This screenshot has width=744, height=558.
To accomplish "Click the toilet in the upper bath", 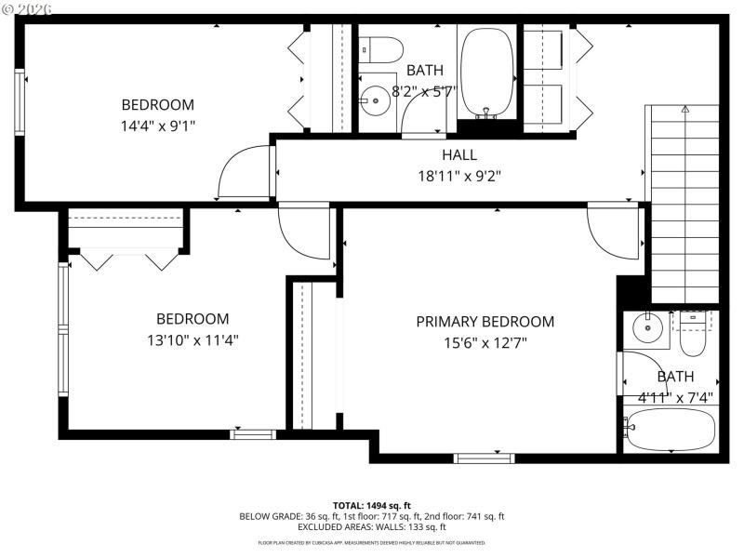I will [x=379, y=46].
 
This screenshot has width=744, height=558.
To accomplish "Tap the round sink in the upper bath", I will [x=376, y=98].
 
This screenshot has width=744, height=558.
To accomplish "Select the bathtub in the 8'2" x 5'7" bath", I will [x=487, y=73].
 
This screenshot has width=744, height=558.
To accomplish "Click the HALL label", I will [x=458, y=155].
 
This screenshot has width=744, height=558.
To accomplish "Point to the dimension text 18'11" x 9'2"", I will [x=458, y=175].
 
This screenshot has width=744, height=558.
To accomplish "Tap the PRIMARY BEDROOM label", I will [x=485, y=322].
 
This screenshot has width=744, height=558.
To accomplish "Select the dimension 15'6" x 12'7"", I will [x=485, y=341].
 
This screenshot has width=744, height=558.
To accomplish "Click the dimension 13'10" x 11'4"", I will [x=193, y=340].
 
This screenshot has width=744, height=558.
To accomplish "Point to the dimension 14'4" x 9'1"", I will [x=158, y=125].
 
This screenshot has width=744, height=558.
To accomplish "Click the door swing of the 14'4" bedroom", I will [x=240, y=175].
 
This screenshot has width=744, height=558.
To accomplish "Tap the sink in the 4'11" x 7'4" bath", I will [x=644, y=327].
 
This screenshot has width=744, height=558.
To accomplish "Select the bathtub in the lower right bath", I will [x=670, y=430].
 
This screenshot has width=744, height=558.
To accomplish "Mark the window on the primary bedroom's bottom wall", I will [x=484, y=458].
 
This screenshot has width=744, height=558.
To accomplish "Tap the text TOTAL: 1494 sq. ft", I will [x=372, y=505].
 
